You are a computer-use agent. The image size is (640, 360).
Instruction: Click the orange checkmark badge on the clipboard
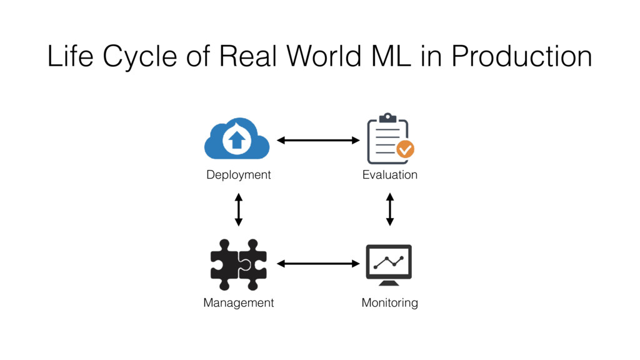point(405,149)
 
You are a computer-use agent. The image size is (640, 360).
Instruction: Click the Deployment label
point(238,175)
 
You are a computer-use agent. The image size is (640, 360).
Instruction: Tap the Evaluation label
point(389,175)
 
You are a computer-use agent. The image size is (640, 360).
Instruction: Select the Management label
point(238,303)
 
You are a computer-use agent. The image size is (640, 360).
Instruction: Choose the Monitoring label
point(389,303)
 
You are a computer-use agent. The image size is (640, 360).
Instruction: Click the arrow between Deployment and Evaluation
point(318,141)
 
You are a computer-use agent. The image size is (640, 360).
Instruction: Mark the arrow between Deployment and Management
point(238,209)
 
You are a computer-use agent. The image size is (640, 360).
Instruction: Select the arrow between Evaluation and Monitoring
point(390,209)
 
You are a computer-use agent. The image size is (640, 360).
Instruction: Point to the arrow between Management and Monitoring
point(318,264)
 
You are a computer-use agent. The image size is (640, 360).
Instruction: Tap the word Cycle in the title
point(142,58)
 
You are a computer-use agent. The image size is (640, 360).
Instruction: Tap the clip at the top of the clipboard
point(388,117)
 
